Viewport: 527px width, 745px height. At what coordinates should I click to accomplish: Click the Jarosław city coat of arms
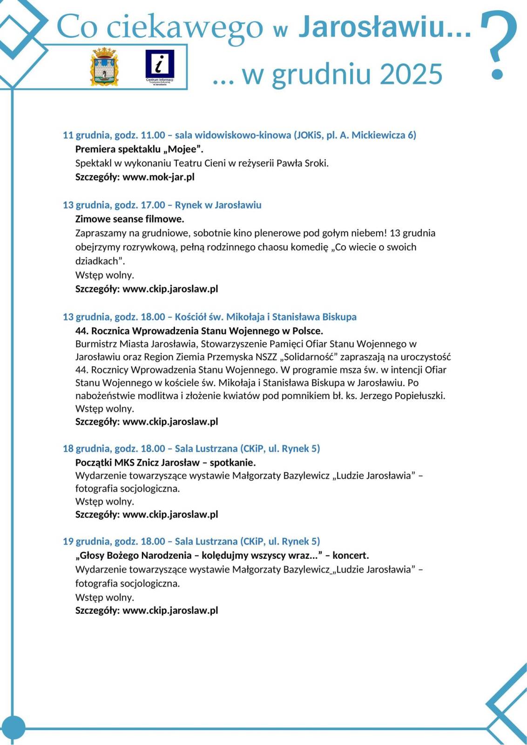click(x=104, y=66)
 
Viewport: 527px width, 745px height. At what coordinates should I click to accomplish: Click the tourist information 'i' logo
click(x=159, y=66)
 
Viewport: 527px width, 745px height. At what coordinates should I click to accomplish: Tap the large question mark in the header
click(x=498, y=44)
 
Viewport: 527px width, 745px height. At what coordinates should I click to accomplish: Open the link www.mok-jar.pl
click(x=158, y=177)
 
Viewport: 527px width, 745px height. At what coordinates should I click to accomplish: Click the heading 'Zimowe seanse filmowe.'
click(x=129, y=219)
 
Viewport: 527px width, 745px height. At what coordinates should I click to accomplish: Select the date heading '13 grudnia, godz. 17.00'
click(x=114, y=205)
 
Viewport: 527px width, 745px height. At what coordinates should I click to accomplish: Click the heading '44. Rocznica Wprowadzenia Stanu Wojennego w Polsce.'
click(x=199, y=331)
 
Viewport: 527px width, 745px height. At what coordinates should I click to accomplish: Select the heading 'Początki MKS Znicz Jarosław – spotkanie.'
click(x=165, y=462)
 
